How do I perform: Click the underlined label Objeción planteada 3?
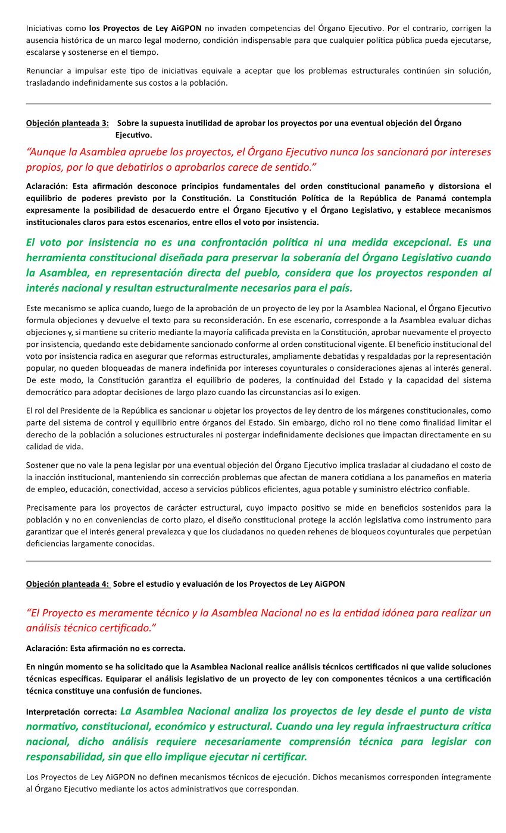coord(67,123)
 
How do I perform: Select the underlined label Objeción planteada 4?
coord(67,584)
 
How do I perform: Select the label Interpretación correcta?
coord(71,712)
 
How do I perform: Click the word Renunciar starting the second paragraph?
coord(45,71)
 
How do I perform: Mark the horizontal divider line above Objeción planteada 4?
coord(258,561)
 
